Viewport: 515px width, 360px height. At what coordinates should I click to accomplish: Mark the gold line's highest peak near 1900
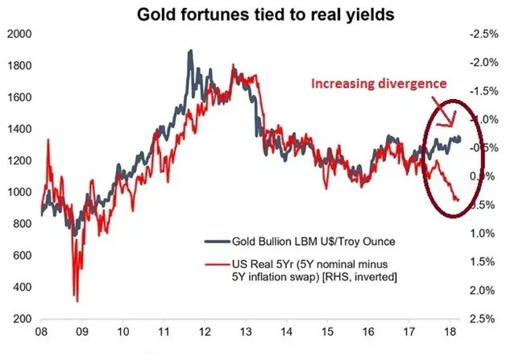[x=190, y=52]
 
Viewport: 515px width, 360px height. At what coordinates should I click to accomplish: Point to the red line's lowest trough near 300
[x=77, y=300]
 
